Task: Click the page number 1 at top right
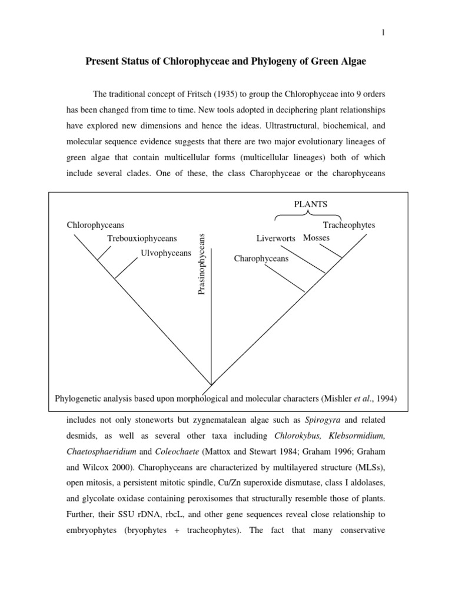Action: pos(383,33)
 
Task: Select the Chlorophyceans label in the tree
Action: pos(95,225)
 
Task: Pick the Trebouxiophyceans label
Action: pos(141,238)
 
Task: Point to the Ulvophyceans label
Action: pos(166,253)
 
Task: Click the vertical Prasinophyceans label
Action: pos(201,264)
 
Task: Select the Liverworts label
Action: pos(275,238)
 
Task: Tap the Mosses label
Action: pos(316,238)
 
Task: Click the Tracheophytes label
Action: pos(349,225)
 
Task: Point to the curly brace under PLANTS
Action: pos(310,216)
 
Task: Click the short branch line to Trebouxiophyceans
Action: pos(104,253)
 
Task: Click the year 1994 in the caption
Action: pos(385,399)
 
